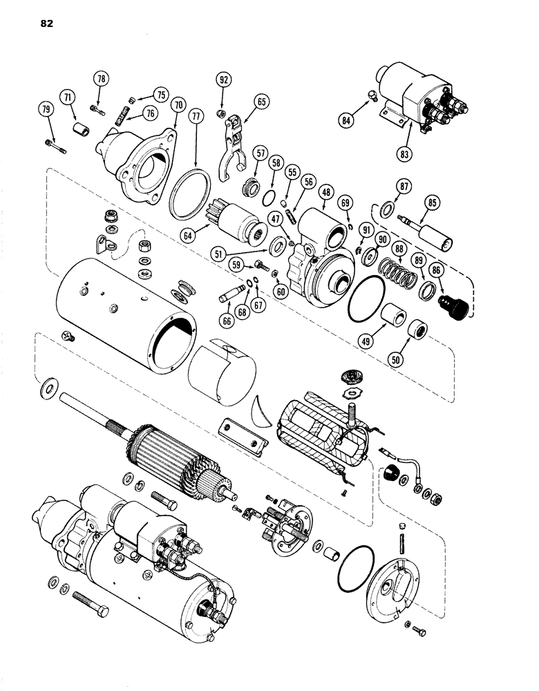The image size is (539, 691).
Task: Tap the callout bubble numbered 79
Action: coord(46,109)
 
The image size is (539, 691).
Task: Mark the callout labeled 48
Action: coord(324,194)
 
